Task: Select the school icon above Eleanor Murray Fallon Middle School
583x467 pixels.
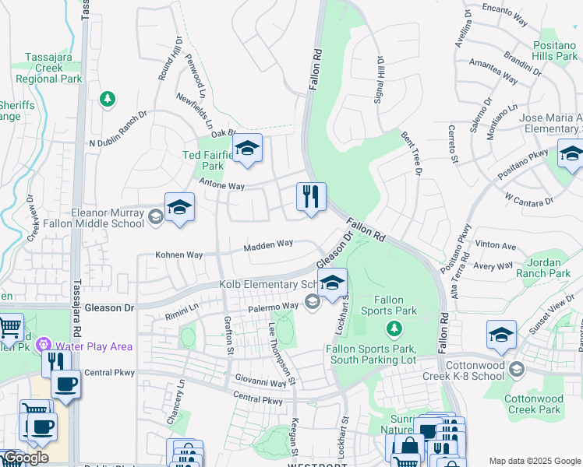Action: click(179, 207)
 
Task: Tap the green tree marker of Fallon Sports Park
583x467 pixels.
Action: click(394, 328)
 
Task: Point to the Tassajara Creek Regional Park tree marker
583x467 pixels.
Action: click(108, 99)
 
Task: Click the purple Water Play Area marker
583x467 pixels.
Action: click(44, 345)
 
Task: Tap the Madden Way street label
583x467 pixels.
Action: click(268, 244)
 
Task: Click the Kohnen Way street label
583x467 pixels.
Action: click(178, 255)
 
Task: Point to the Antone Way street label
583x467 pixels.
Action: click(222, 186)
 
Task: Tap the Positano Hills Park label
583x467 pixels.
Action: click(554, 51)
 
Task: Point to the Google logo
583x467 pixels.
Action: click(25, 458)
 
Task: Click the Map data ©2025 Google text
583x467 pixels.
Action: click(534, 461)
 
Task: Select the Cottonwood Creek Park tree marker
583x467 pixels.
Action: click(517, 371)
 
